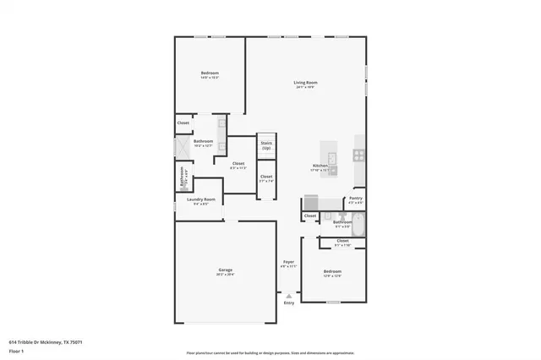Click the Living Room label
click(x=305, y=84)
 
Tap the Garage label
click(x=224, y=271)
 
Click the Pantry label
click(x=356, y=200)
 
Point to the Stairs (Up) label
click(x=266, y=145)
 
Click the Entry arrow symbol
click(x=289, y=295)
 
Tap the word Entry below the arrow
click(x=289, y=303)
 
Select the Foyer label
click(x=288, y=264)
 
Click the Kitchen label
click(x=320, y=166)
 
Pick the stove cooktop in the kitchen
click(x=359, y=155)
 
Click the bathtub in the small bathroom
click(x=356, y=225)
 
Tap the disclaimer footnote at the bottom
click(x=270, y=352)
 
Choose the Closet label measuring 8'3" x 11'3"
click(x=238, y=165)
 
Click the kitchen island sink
click(x=332, y=158)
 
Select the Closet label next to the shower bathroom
click(x=183, y=123)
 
